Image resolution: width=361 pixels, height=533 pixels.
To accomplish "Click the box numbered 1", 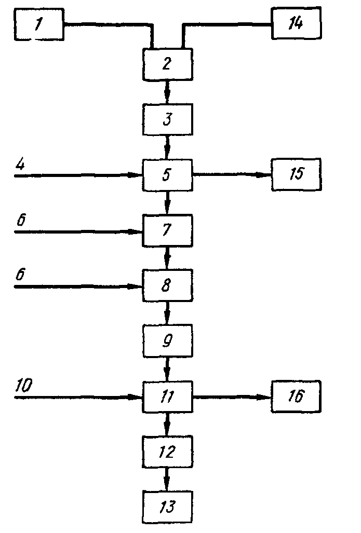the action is (39, 24).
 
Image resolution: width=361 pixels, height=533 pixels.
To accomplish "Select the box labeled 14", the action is (296, 23).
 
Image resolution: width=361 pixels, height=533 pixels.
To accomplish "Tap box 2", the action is (167, 64).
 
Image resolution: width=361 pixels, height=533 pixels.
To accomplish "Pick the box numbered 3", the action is (167, 119).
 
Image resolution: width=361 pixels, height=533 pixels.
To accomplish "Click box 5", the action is (167, 175).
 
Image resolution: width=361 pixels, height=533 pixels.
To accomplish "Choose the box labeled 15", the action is (296, 174).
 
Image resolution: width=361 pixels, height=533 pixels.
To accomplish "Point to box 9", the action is (167, 340).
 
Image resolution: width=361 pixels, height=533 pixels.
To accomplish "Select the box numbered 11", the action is (167, 397).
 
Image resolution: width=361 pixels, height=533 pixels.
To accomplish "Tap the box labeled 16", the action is (296, 397).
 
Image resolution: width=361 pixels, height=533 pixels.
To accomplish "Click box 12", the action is (167, 452).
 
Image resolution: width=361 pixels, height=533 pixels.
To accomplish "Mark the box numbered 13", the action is (167, 507).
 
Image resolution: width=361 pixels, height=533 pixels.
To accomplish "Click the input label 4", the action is (20, 165).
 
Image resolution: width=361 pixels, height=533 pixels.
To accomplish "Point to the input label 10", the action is (24, 386).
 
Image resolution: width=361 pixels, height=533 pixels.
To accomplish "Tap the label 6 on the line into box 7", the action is (21, 220).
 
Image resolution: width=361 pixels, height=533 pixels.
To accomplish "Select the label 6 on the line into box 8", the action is (20, 274).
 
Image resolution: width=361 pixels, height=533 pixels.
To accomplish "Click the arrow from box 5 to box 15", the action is (232, 174).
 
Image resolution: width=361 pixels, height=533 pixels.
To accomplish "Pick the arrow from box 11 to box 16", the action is (232, 397).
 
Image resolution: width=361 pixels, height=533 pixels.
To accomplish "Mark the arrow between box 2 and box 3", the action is (167, 92).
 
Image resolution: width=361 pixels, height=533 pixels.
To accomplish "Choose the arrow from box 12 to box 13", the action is (167, 480).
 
